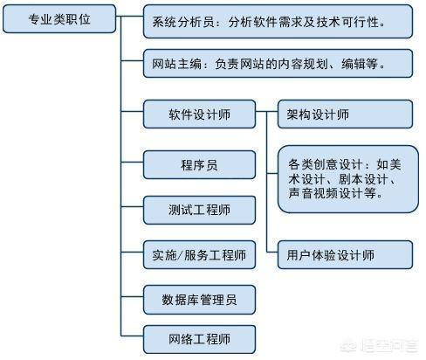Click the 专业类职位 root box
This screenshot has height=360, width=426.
click(59, 19)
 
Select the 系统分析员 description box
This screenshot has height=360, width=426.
click(278, 22)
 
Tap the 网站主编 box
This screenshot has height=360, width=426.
click(278, 64)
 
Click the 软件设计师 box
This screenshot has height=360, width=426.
click(199, 114)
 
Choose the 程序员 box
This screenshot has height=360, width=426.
click(199, 165)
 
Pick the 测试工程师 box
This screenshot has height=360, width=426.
click(199, 210)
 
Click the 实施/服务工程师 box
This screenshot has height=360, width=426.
click(199, 255)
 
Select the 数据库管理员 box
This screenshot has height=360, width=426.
click(199, 300)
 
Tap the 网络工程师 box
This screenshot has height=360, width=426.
click(199, 339)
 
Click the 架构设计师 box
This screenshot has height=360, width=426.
click(345, 114)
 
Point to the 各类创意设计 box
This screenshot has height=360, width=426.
click(348, 179)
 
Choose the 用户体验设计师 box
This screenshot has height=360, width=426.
click(345, 255)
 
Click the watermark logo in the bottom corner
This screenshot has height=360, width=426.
click(379, 345)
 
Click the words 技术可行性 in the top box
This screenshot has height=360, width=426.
click(347, 22)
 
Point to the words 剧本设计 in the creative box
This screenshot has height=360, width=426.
click(363, 179)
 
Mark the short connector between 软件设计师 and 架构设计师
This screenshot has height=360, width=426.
click(266, 111)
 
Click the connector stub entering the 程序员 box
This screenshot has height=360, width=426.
click(132, 162)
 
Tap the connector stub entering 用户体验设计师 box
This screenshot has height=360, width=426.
click(272, 252)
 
